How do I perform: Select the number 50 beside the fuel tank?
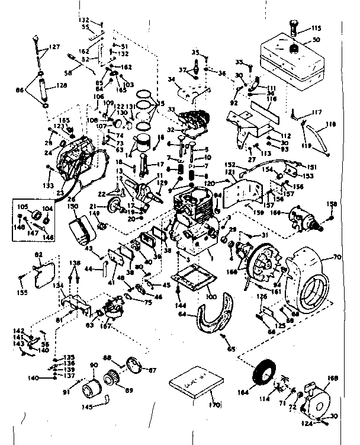click(x=316, y=39)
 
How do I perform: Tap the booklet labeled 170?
click(x=195, y=385)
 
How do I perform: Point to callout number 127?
click(x=54, y=47)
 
